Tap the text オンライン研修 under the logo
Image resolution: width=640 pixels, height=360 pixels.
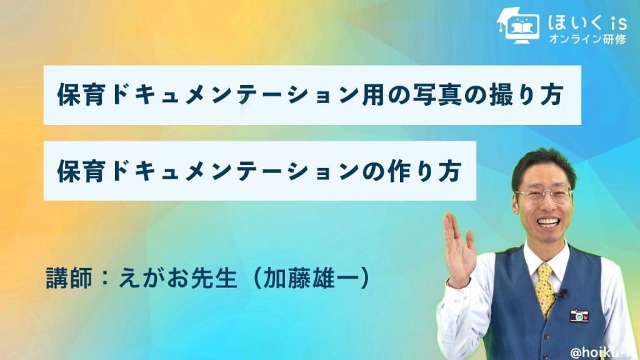(587, 39)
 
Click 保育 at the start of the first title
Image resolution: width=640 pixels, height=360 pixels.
(81, 95)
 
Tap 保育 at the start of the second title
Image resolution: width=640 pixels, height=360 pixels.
(81, 171)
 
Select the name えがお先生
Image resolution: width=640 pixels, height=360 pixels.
(177, 278)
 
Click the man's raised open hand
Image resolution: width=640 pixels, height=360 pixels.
(459, 249)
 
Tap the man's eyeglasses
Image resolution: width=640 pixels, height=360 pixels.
(544, 195)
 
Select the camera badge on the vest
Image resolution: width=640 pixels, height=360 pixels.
(579, 316)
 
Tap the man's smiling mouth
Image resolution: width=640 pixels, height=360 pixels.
(547, 222)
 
